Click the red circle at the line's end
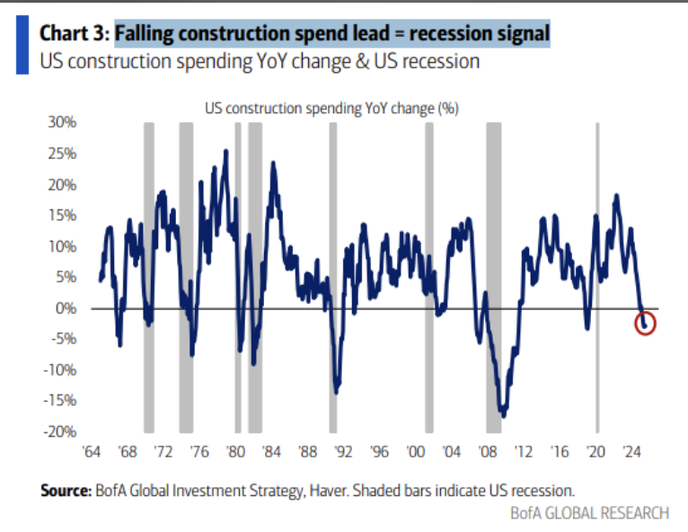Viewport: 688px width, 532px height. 645,323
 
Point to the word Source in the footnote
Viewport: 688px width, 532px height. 64,491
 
